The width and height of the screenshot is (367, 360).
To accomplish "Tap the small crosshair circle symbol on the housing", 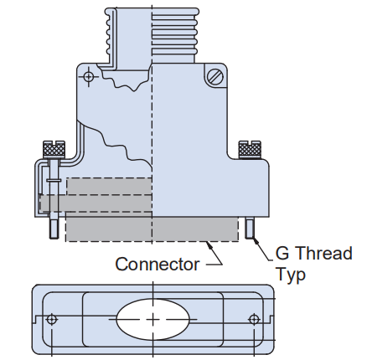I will pyautogui.click(x=89, y=77).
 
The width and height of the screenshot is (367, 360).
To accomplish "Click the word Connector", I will pyautogui.click(x=157, y=265).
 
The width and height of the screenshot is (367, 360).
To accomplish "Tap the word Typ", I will pyautogui.click(x=291, y=275).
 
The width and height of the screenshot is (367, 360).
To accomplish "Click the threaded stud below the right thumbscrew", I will pyautogui.click(x=251, y=229).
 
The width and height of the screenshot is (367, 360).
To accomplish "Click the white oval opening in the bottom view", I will pyautogui.click(x=153, y=319).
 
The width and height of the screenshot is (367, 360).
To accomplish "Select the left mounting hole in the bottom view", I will pyautogui.click(x=53, y=319).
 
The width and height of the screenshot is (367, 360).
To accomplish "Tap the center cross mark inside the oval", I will pyautogui.click(x=153, y=320).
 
